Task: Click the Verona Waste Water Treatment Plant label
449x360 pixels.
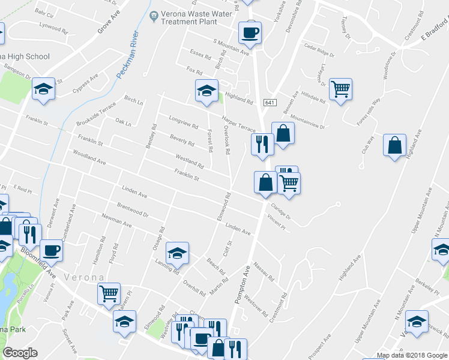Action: click(x=186, y=18)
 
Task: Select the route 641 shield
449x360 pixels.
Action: click(x=270, y=103)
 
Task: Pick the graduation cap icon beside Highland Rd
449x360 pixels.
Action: click(x=206, y=91)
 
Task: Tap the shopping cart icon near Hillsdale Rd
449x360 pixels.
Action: click(x=340, y=89)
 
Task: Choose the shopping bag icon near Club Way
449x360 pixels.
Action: click(x=394, y=145)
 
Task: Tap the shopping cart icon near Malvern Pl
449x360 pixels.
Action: click(x=109, y=293)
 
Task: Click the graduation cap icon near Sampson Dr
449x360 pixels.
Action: click(x=43, y=89)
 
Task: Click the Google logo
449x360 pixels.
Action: click(x=20, y=353)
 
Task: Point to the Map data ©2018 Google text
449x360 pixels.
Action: click(x=411, y=355)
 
